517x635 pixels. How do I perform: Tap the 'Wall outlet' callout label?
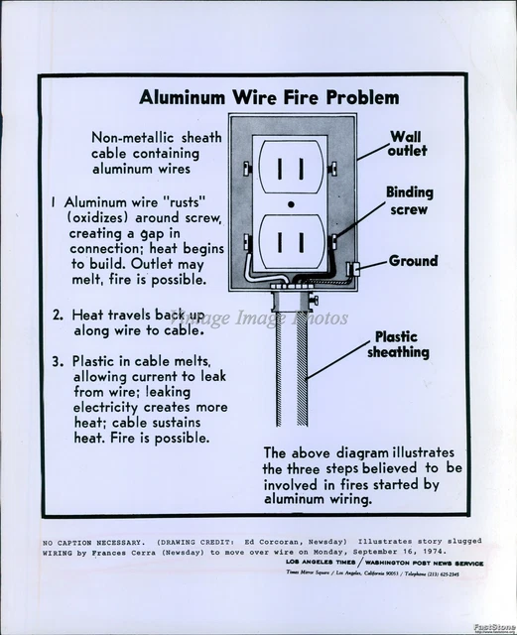coord(408,144)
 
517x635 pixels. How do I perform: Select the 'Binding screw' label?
coord(408,201)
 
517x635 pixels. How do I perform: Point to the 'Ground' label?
coord(413,261)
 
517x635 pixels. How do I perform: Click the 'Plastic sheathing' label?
coord(399,344)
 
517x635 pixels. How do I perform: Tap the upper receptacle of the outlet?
coord(289,168)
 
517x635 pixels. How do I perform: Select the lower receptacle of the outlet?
coord(289,241)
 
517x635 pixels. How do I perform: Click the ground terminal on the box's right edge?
coord(352,268)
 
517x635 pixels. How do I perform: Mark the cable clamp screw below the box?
coord(315,297)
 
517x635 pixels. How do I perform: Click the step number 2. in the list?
coord(59,315)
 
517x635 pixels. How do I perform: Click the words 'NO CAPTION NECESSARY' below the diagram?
coord(93,541)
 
